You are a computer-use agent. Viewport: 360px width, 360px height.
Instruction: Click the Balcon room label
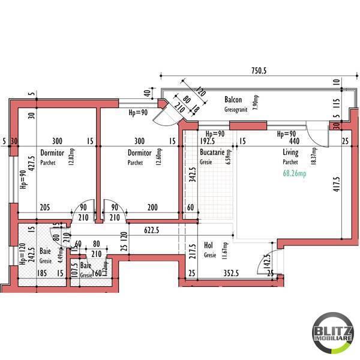[233, 99]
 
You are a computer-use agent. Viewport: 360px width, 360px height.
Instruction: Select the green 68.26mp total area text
[295, 174]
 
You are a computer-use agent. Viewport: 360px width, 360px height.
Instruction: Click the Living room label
[290, 153]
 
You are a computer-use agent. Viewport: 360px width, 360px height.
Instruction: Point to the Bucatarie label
[212, 153]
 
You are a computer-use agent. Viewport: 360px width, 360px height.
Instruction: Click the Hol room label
[209, 245]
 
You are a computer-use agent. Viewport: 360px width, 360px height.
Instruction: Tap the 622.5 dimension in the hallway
[156, 229]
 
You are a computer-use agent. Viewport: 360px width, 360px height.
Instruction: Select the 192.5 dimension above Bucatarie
[207, 142]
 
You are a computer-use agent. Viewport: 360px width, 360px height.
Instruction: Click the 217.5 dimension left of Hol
[192, 250]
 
